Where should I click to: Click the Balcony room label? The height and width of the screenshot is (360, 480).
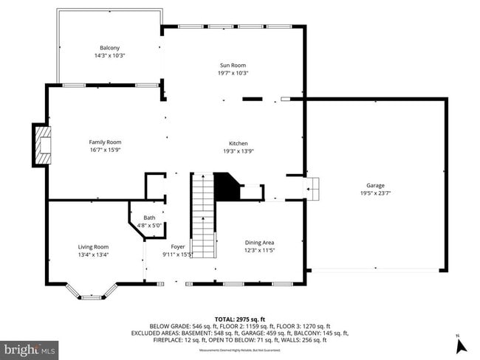point(109,48)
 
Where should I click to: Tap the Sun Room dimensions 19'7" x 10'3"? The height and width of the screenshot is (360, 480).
point(233,73)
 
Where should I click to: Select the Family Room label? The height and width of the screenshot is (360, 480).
point(104,142)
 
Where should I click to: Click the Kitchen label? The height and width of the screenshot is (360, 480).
point(238,143)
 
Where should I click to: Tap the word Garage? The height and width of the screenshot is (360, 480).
point(375,186)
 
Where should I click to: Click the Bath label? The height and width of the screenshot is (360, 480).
point(150,218)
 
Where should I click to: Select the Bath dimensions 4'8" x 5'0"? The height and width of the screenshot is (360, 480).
point(150,225)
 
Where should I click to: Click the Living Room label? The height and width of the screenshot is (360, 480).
point(94,247)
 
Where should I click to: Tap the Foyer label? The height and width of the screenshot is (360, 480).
point(178,247)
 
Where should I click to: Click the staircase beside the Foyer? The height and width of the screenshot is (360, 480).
point(203,214)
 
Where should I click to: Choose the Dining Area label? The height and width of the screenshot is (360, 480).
point(260,242)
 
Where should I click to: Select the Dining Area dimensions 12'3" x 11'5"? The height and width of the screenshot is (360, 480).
point(260,249)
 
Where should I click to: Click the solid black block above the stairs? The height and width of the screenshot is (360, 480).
point(225,187)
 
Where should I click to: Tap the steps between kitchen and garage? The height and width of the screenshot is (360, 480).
point(313,188)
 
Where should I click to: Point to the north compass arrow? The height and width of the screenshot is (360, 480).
point(458,343)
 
